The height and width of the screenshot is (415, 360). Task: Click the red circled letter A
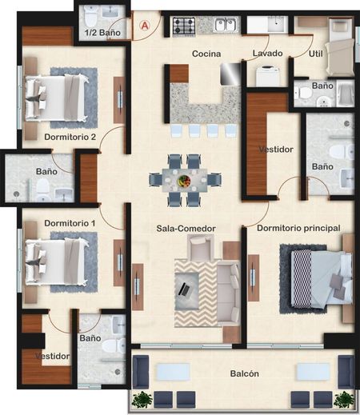point(145,26)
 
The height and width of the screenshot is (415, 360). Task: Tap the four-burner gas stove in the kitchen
point(184,26)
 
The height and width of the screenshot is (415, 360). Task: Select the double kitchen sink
point(226,25)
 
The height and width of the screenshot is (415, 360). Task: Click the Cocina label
point(206,54)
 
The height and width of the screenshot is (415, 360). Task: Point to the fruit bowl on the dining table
point(184,181)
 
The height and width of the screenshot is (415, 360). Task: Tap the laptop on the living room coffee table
point(184,289)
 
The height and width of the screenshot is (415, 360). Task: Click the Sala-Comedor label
point(186,229)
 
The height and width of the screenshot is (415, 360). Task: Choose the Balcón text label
point(245,373)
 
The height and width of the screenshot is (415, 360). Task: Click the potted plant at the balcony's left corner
point(142,400)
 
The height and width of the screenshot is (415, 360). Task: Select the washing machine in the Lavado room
point(267,76)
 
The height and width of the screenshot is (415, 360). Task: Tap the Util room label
point(316,54)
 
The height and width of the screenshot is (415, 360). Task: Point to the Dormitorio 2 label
point(70,137)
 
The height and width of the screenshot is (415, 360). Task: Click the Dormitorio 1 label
point(70,223)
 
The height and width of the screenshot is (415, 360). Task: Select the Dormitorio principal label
point(298,228)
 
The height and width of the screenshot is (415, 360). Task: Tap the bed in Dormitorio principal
point(322,278)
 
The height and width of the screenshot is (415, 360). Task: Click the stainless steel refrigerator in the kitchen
point(230,74)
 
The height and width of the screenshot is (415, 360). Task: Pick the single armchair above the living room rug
point(200,247)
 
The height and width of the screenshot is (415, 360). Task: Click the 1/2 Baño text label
point(102,33)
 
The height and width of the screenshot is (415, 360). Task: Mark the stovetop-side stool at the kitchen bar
point(176,131)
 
